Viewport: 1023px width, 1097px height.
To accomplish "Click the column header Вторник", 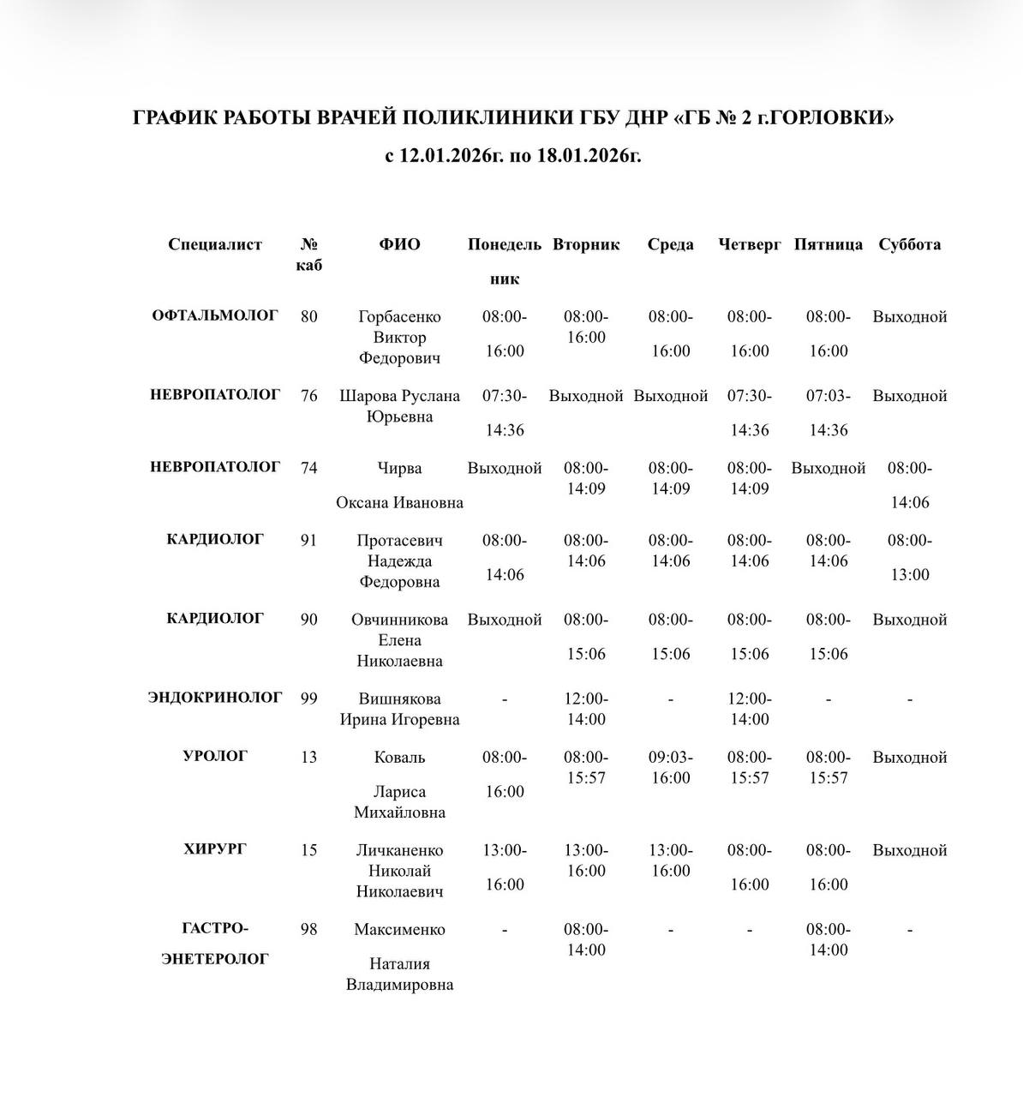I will point(586,244).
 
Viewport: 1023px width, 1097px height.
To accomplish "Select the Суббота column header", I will point(909,244).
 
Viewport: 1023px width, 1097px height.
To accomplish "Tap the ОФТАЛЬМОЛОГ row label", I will point(215,315).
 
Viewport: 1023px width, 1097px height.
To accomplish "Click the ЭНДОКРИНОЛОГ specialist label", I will point(215,698).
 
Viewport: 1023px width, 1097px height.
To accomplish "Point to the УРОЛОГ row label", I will point(215,756).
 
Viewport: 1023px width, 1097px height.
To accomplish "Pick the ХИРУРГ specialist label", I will point(215,849).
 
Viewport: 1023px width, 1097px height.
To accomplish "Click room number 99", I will point(309,698).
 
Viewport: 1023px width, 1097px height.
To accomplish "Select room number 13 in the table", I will point(309,757).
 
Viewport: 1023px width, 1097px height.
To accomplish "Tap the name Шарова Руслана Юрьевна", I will point(399,406).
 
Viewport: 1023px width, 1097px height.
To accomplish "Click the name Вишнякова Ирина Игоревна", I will point(399,709).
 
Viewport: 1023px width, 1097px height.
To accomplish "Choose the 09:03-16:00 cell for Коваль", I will point(671,767).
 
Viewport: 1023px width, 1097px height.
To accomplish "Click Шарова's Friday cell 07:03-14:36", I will point(829,412).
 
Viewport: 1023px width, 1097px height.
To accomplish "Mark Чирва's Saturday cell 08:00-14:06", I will point(909,485).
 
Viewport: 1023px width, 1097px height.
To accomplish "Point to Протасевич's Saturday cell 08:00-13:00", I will point(909,557).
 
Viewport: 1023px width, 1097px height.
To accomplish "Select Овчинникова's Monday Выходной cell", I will point(505,620).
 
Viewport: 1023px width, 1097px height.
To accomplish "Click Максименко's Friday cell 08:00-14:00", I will point(829,939).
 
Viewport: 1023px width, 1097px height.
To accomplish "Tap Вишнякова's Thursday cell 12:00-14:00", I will point(750,709).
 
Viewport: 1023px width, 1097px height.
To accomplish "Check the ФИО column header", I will point(399,244).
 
